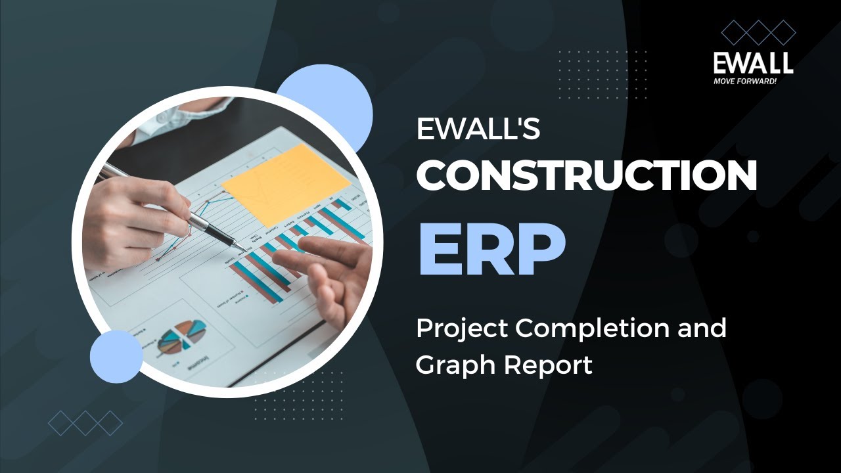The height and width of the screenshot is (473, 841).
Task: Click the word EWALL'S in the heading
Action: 478,129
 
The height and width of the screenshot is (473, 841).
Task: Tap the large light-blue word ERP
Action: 491,250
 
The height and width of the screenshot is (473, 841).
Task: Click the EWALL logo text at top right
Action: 753,63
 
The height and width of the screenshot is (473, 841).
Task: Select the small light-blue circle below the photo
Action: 116,357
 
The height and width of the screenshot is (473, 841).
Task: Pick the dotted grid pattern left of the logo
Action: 602,74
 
